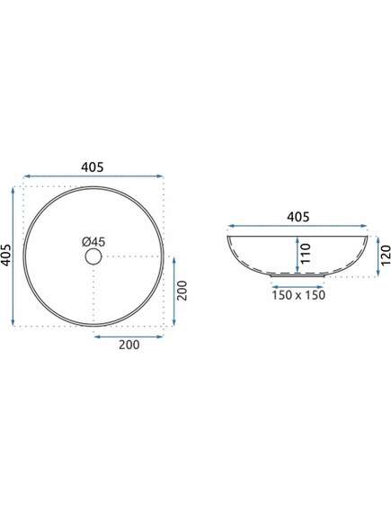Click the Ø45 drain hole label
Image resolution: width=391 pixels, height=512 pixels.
pyautogui.click(x=93, y=242)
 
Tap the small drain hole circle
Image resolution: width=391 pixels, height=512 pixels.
pyautogui.click(x=93, y=256)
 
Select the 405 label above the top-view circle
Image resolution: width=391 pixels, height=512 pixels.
pyautogui.click(x=93, y=167)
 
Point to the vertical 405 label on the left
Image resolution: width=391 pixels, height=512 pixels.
pyautogui.click(x=6, y=255)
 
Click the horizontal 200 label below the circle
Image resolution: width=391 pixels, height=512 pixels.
pyautogui.click(x=129, y=345)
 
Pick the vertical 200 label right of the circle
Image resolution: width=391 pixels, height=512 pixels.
pyautogui.click(x=182, y=291)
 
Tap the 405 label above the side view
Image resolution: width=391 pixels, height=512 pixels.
pyautogui.click(x=298, y=217)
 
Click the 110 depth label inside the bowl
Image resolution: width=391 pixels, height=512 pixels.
pyautogui.click(x=306, y=254)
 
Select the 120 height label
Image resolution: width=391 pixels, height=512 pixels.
pyautogui.click(x=386, y=255)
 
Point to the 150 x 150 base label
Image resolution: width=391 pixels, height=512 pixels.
pyautogui.click(x=298, y=295)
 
